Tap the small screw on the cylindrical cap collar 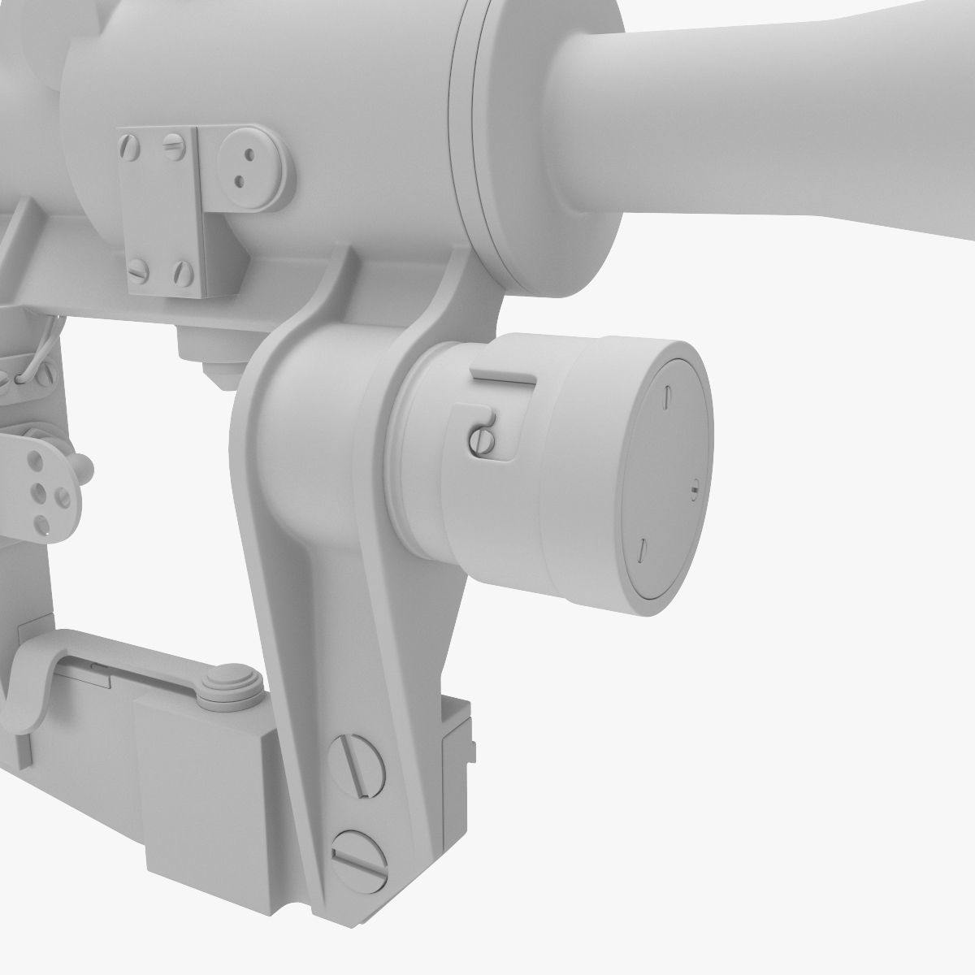click(x=481, y=440)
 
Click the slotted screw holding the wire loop click(x=10, y=379)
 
